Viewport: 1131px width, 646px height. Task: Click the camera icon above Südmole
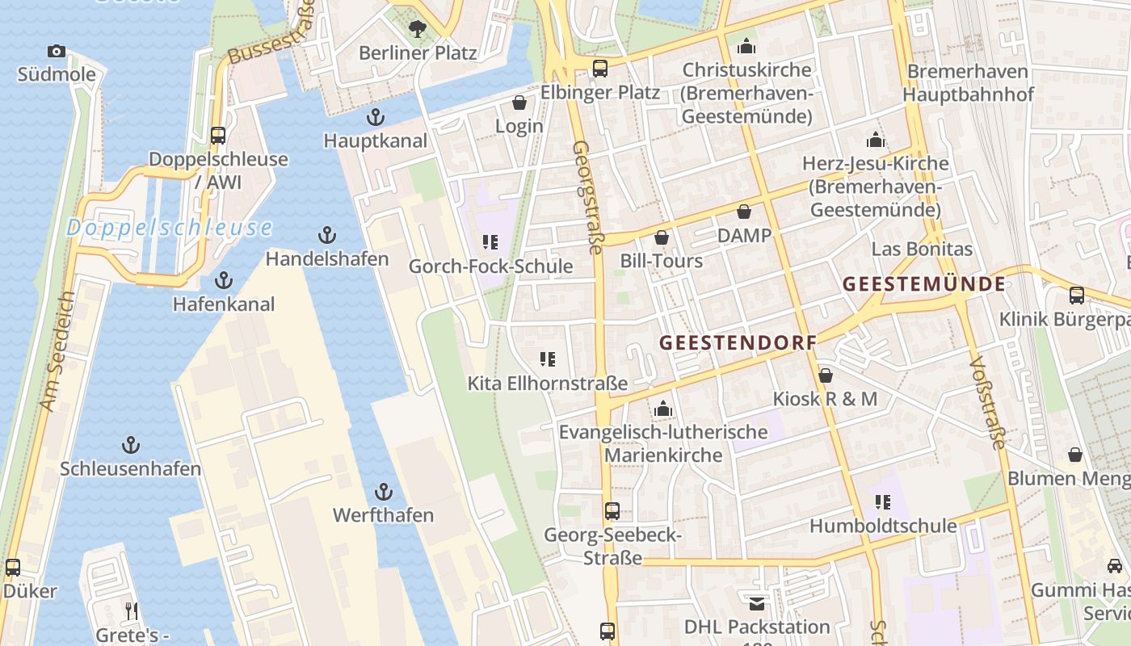click(x=56, y=52)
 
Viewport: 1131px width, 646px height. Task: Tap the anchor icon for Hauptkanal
click(x=375, y=118)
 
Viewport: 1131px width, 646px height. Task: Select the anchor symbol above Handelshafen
click(x=326, y=236)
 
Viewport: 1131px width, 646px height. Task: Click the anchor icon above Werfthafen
click(x=384, y=492)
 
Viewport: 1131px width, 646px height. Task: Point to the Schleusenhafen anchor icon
click(x=130, y=445)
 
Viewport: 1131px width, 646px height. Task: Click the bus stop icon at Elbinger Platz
click(x=599, y=69)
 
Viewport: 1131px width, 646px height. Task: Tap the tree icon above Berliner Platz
click(x=417, y=30)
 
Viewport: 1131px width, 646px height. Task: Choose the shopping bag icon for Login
click(x=519, y=103)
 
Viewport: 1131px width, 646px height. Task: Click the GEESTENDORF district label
click(x=738, y=342)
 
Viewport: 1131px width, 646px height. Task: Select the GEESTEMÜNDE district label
click(x=924, y=284)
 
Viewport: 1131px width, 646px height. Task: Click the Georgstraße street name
click(x=587, y=198)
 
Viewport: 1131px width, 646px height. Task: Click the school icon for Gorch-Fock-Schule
click(x=490, y=242)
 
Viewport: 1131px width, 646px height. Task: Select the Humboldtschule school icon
click(x=882, y=503)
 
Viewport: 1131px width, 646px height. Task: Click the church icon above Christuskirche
click(x=746, y=45)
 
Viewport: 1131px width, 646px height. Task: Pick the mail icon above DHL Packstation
click(x=756, y=604)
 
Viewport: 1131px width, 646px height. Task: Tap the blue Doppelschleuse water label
click(x=169, y=228)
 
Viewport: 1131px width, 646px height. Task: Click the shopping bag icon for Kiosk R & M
click(x=825, y=375)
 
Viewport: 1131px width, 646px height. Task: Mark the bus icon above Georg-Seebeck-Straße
click(x=612, y=511)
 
